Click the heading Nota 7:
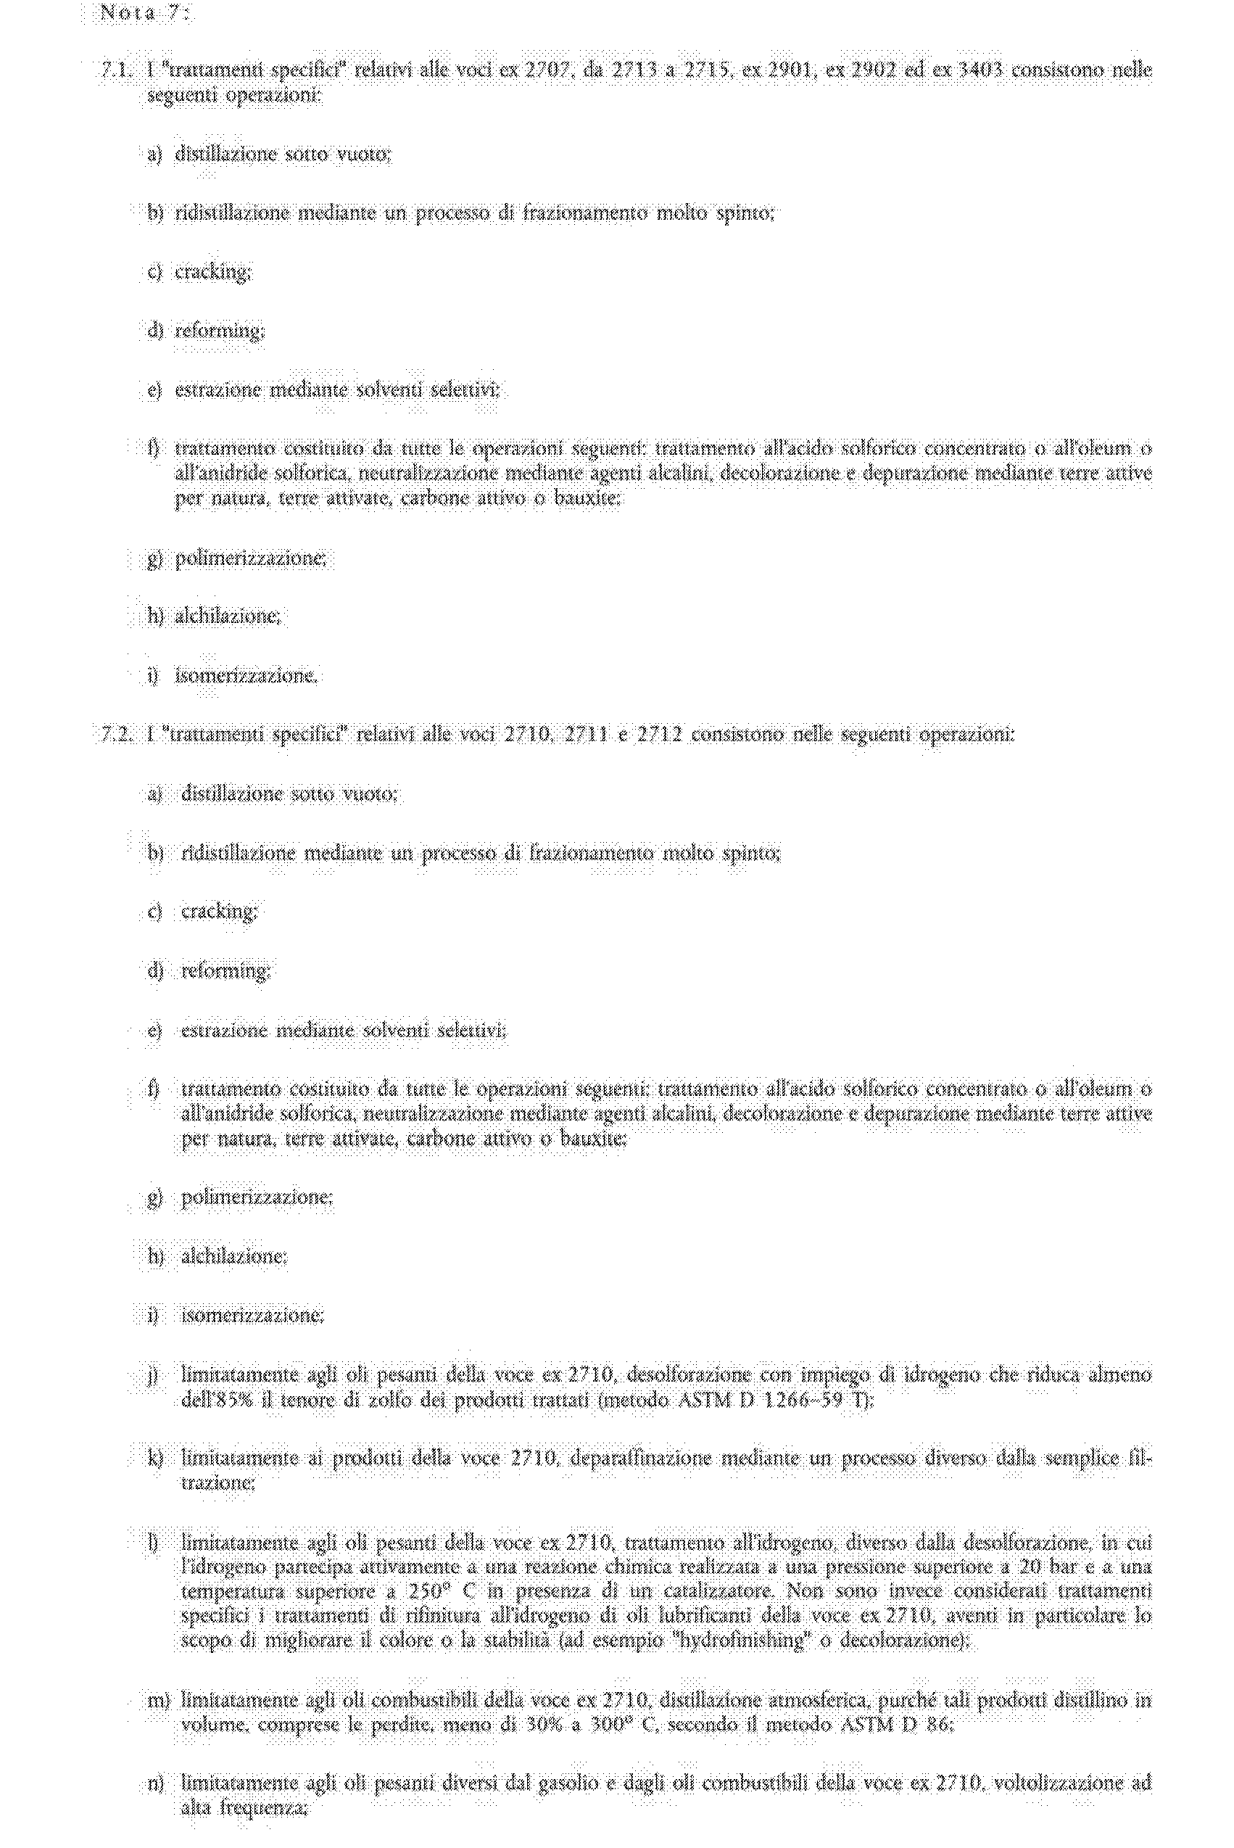tap(144, 13)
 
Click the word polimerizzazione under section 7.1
tap(249, 558)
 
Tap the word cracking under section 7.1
tap(212, 271)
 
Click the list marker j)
tap(154, 1375)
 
